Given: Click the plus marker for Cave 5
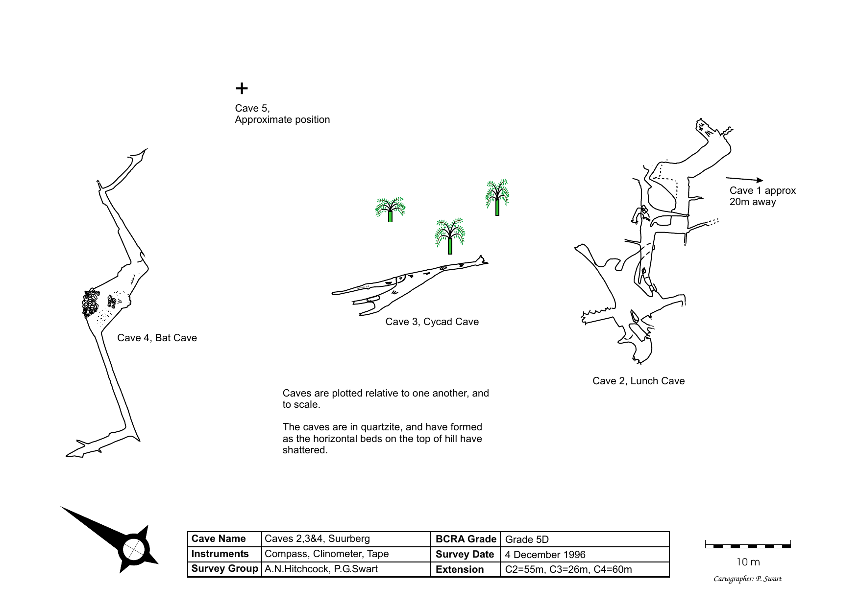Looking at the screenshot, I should (242, 89).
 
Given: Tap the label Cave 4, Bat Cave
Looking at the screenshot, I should (157, 338).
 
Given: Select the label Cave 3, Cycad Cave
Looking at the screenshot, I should (432, 322).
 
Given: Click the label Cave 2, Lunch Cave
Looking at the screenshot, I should (638, 381).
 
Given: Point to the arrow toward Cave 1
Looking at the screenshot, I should (744, 180).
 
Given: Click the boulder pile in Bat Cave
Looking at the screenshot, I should (91, 303).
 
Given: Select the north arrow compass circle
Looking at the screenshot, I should (133, 549).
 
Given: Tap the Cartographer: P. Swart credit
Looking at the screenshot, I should (747, 579).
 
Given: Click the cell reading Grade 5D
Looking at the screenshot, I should (527, 539).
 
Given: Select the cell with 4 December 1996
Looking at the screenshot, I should (545, 555).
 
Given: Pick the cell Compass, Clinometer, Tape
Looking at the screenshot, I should (326, 554).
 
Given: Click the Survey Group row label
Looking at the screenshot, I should (224, 569).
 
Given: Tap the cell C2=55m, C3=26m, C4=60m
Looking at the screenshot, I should (568, 569).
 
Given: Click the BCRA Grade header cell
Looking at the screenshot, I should (466, 539).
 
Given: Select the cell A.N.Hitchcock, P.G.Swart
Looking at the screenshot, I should (321, 569).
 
